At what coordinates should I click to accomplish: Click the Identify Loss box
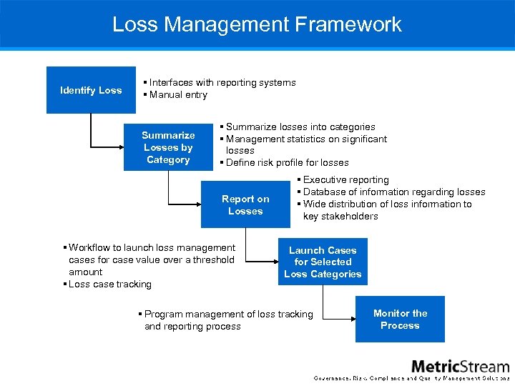point(91,90)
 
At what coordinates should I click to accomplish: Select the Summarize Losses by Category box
point(168,147)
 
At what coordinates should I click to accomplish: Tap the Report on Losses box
point(245,205)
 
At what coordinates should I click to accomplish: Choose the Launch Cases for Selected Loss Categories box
point(323,262)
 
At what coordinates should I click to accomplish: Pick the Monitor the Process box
point(400,319)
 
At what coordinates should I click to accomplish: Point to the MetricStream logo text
point(460,366)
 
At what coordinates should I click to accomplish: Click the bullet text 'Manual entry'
point(178,94)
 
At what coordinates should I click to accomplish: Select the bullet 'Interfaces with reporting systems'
point(222,82)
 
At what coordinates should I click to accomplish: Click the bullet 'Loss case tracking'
point(109,284)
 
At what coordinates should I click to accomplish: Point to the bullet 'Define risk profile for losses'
point(287,162)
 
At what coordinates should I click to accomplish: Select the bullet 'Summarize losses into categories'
point(300,127)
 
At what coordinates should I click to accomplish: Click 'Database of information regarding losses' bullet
point(393,192)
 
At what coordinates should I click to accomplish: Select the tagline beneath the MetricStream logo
point(412,378)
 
